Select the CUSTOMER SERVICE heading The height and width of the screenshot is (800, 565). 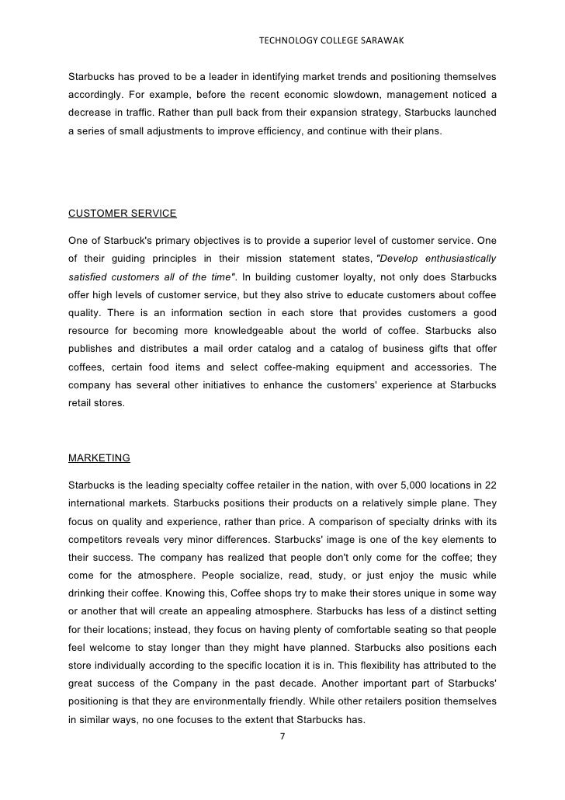coord(123,213)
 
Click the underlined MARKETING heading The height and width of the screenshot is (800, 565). coord(99,457)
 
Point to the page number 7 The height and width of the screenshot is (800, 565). coord(282,737)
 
